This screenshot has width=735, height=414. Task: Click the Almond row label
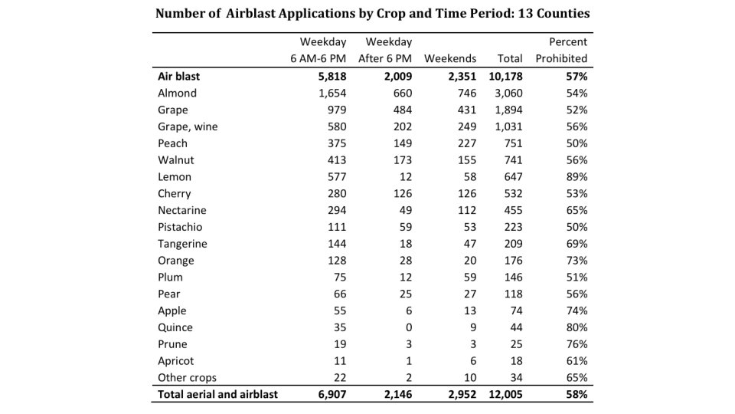pos(177,93)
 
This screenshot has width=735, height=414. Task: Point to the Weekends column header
pos(450,58)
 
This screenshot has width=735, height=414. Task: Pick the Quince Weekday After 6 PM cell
pos(407,327)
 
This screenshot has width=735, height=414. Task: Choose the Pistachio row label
pos(181,227)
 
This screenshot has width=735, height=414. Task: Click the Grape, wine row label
pos(188,127)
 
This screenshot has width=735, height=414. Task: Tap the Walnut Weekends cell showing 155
pos(466,160)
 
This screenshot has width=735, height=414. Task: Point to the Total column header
pos(510,58)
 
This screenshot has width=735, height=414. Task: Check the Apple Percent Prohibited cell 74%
pos(577,310)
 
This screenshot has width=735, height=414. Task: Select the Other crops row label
pos(187,378)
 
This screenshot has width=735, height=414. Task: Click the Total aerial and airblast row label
pos(217,395)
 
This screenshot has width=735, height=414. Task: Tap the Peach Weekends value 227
pos(466,143)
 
